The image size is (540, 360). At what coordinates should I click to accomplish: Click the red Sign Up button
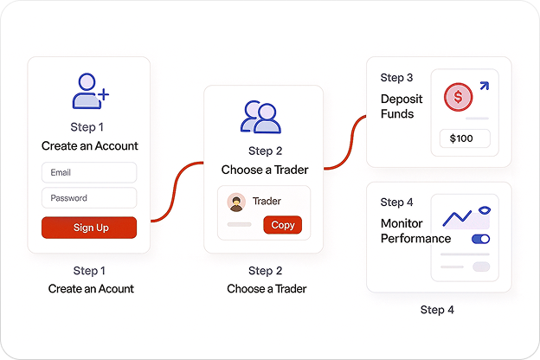89,228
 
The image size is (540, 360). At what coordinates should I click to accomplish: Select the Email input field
89,172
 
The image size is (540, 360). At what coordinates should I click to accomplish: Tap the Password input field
89,198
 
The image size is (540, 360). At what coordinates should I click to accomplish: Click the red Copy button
283,225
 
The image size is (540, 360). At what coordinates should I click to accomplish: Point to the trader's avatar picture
236,202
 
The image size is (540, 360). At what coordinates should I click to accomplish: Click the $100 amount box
465,138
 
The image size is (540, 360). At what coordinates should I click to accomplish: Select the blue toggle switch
480,238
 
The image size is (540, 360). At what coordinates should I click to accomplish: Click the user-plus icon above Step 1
90,91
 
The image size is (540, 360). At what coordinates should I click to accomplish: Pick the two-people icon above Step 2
261,118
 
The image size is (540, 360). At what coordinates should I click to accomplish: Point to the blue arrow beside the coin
483,85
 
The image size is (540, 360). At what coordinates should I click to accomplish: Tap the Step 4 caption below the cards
437,310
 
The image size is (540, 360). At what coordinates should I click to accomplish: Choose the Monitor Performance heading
416,231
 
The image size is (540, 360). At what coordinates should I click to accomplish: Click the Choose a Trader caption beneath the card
267,288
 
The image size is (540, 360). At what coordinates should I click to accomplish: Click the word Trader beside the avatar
267,202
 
